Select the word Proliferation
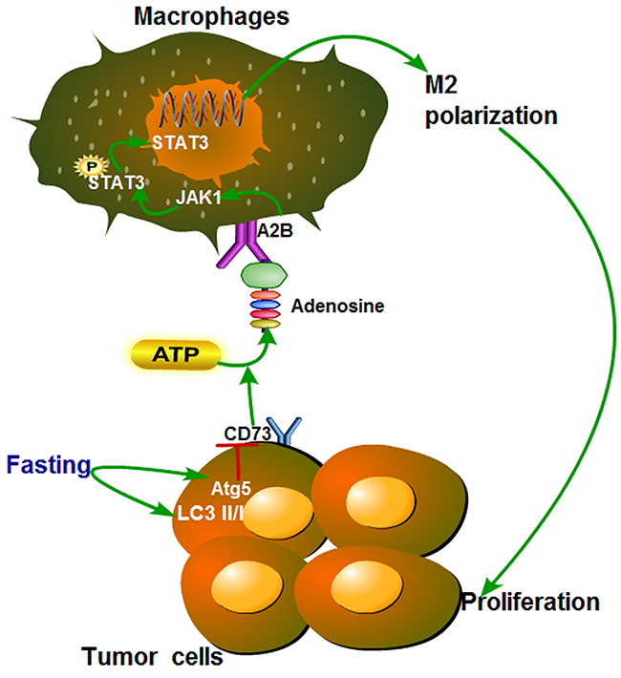click(x=531, y=603)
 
